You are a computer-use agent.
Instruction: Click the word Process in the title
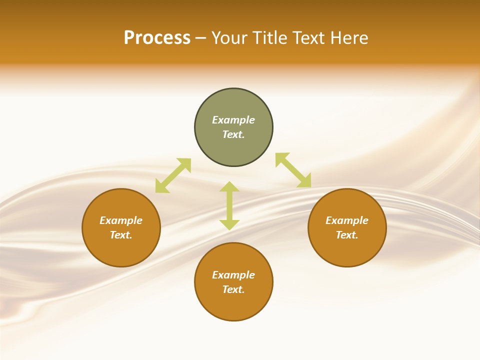tap(157, 38)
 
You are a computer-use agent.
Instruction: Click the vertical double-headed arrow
tap(229, 205)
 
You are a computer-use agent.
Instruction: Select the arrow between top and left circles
tap(173, 175)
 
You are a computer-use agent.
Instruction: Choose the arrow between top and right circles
tap(293, 170)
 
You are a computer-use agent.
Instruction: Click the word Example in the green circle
tap(233, 120)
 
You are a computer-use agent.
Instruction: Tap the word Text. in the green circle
tap(233, 134)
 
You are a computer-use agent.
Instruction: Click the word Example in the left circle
tap(121, 220)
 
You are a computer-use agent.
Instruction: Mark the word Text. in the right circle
tap(347, 235)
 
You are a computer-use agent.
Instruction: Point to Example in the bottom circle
tap(233, 275)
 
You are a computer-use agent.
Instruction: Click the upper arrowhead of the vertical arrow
tap(229, 187)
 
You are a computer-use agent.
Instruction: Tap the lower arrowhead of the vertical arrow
tap(229, 224)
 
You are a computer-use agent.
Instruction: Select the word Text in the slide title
tap(308, 38)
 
